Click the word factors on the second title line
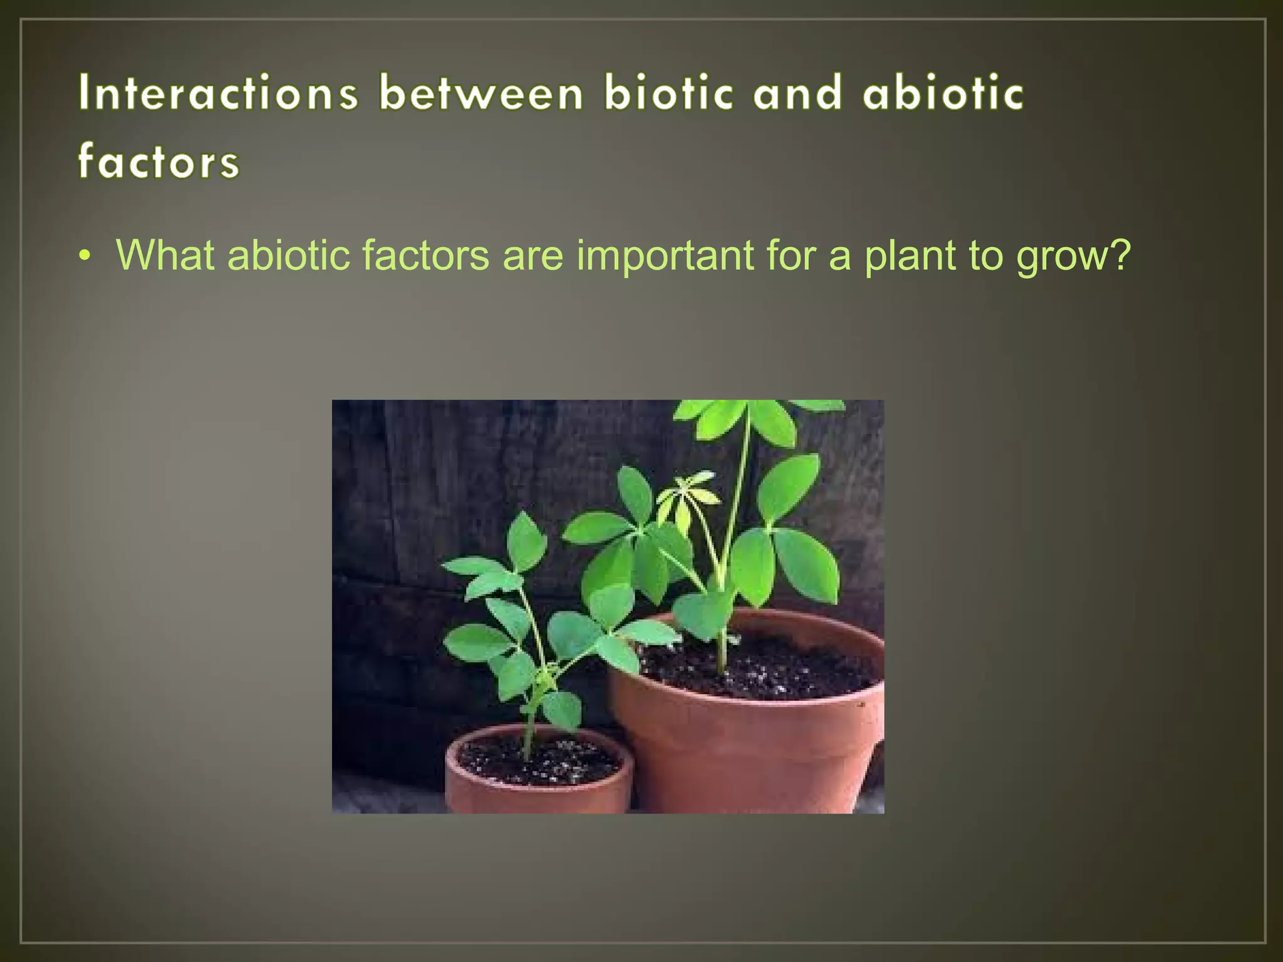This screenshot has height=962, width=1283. (158, 161)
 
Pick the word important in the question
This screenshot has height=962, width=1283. (665, 255)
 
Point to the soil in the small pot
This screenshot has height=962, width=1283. (539, 761)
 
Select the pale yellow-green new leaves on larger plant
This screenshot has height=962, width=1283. (686, 495)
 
